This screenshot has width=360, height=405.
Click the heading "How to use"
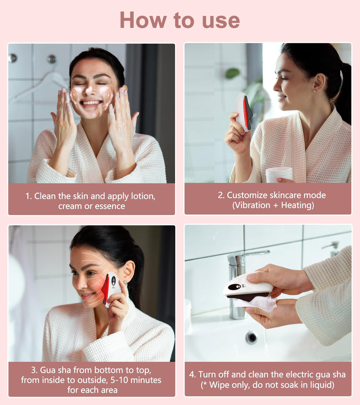(x=180, y=20)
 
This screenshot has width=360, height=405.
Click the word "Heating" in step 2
(x=297, y=205)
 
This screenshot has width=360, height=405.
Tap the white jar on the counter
(x=279, y=174)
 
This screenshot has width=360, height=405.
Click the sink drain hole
(x=252, y=337)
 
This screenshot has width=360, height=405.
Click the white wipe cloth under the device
(x=259, y=304)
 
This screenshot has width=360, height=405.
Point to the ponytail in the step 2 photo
(x=344, y=94)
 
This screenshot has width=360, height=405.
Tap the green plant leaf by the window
(x=232, y=73)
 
